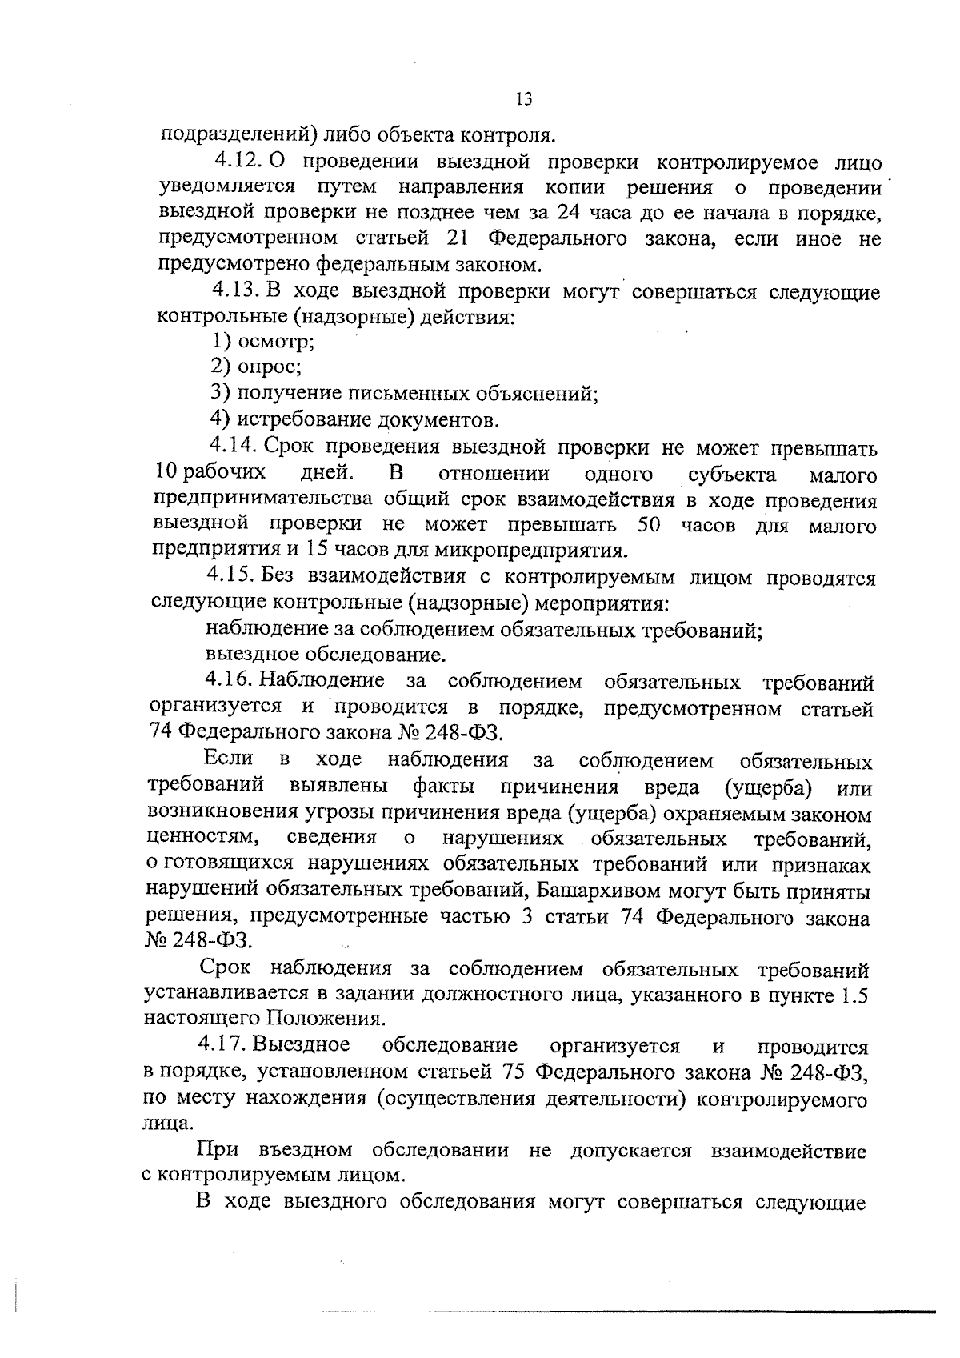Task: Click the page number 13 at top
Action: (x=524, y=99)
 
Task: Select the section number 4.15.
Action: (x=230, y=576)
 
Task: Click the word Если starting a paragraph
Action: (x=229, y=759)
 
